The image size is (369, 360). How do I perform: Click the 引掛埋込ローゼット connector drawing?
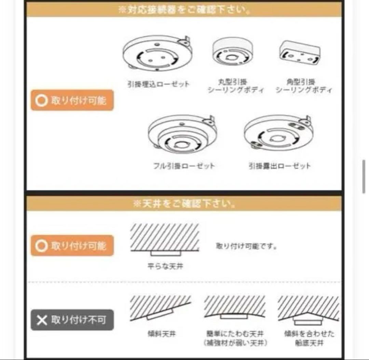[158, 55]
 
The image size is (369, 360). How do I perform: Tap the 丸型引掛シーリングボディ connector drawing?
[230, 52]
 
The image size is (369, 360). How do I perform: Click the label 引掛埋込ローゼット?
[158, 84]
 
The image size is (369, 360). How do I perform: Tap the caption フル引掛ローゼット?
[184, 166]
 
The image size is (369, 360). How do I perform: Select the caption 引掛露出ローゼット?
[279, 166]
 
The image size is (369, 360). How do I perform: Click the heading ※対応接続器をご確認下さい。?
[184, 9]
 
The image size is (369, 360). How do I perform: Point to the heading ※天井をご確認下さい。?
[184, 204]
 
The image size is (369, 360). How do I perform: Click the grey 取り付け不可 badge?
[72, 320]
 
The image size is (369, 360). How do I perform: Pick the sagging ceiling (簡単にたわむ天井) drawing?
[234, 307]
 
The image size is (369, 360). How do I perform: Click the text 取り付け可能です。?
[246, 246]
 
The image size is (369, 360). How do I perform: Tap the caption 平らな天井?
[165, 266]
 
